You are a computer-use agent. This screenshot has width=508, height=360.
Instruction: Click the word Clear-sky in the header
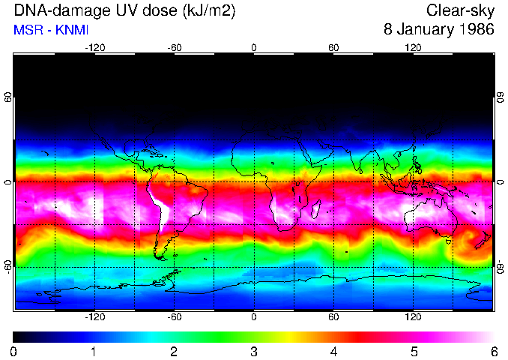460,10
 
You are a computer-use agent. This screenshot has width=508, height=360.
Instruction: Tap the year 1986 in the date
474,30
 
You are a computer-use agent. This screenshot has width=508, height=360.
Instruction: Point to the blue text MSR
26,31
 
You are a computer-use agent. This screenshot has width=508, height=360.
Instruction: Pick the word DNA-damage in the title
51,11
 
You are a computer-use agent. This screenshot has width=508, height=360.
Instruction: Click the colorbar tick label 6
493,351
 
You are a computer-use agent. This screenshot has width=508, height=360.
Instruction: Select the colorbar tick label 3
253,351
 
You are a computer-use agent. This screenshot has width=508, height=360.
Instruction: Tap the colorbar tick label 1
94,351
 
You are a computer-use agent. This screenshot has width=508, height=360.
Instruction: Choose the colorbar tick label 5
414,351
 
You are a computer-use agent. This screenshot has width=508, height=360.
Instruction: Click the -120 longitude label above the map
94,48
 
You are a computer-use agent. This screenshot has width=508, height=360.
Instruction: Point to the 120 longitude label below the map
413,317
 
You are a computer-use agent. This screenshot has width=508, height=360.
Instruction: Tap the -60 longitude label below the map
174,317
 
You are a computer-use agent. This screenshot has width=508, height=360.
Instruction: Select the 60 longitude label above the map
333,48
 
